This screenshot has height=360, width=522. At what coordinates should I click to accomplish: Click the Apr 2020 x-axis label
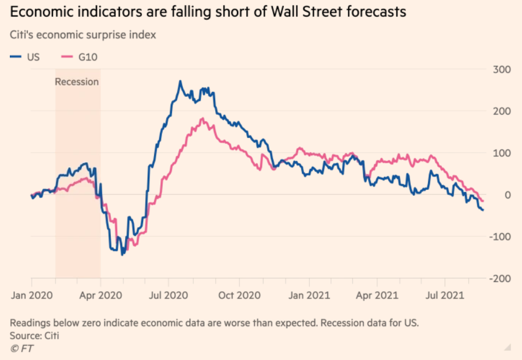(x=100, y=295)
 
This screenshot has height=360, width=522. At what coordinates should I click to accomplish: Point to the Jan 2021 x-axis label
(x=309, y=295)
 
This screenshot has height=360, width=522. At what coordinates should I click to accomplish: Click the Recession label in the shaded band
(x=77, y=82)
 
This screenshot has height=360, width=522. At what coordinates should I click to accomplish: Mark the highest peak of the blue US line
(x=180, y=81)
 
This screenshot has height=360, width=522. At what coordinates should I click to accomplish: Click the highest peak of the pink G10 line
(x=202, y=118)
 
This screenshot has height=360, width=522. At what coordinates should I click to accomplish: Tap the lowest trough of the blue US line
(x=122, y=254)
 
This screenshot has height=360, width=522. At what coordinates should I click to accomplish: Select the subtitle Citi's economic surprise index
(x=83, y=35)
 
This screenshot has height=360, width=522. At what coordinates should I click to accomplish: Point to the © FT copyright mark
(x=22, y=348)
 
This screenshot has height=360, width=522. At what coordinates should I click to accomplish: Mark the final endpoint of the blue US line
(x=483, y=209)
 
